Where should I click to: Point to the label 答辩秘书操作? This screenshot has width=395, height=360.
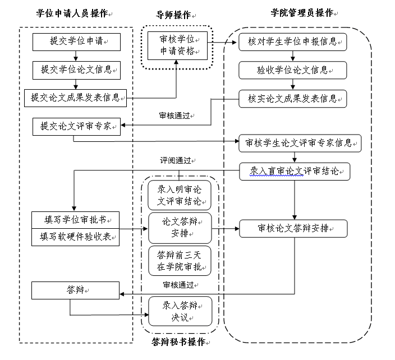pyautogui.click(x=178, y=341)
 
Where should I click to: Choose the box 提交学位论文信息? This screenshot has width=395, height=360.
pyautogui.click(x=76, y=70)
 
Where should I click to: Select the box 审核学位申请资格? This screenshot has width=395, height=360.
pyautogui.click(x=177, y=46)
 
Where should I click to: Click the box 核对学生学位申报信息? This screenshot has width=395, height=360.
pyautogui.click(x=292, y=41)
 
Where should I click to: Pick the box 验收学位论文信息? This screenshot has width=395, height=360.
pyautogui.click(x=292, y=70)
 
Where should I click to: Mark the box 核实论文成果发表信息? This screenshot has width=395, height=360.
pyautogui.click(x=292, y=99)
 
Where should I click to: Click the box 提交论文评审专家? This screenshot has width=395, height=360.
pyautogui.click(x=76, y=126)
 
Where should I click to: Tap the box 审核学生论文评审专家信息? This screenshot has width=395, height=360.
pyautogui.click(x=300, y=143)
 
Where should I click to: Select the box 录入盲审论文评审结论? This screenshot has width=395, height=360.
pyautogui.click(x=295, y=171)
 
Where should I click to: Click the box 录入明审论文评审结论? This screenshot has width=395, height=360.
pyautogui.click(x=180, y=195)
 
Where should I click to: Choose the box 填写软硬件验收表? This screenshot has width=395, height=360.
pyautogui.click(x=76, y=237)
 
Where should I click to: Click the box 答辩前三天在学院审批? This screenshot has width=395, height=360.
pyautogui.click(x=180, y=261)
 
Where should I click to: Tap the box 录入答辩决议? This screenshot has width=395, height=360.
pyautogui.click(x=180, y=312)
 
